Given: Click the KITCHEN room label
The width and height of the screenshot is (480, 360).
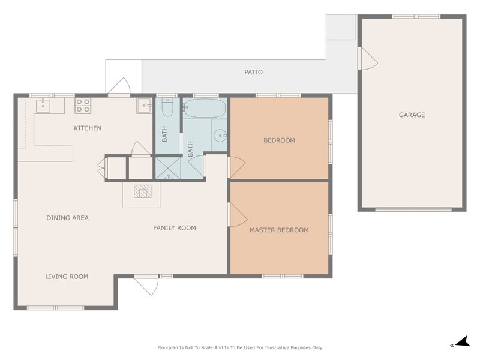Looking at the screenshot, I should (x=88, y=128).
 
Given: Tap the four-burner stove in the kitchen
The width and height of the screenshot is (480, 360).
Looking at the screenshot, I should (x=83, y=106).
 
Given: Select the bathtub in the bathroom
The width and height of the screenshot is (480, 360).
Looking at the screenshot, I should (x=205, y=109).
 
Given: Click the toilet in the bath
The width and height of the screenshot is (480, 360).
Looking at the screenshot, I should (x=167, y=108).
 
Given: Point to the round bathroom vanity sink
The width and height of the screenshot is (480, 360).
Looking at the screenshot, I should (x=220, y=135).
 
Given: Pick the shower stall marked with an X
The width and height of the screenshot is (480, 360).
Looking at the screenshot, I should (x=167, y=169).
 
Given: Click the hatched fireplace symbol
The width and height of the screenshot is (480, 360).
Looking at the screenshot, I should (x=142, y=191).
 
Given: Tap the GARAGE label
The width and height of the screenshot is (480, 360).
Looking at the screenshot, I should (x=412, y=115).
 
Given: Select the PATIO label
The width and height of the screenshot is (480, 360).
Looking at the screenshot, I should (x=253, y=72).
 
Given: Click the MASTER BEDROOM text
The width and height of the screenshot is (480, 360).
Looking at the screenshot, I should (x=279, y=230).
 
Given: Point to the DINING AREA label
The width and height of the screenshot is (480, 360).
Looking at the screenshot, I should (x=67, y=218).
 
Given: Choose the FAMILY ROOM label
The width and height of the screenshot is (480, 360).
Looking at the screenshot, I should (x=174, y=227).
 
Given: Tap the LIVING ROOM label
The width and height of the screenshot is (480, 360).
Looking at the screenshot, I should (x=67, y=277).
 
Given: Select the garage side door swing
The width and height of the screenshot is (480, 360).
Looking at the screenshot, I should (x=367, y=59).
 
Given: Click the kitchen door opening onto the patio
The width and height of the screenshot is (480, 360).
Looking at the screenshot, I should (x=119, y=87).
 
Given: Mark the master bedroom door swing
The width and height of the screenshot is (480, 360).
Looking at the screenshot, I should (x=236, y=214).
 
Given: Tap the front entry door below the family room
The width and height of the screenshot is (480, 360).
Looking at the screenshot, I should (x=146, y=285).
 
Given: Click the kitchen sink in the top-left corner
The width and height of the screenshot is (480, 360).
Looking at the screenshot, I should (x=43, y=106).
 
